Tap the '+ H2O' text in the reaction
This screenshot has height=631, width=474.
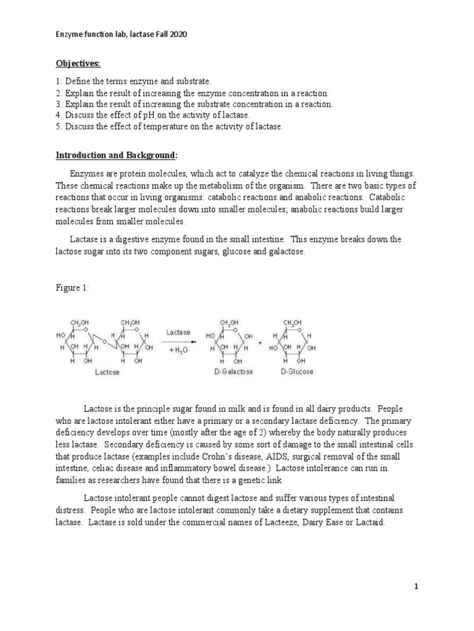179,349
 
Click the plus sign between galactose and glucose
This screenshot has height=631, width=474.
260,341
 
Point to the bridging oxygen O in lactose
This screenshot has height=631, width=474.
106,341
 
